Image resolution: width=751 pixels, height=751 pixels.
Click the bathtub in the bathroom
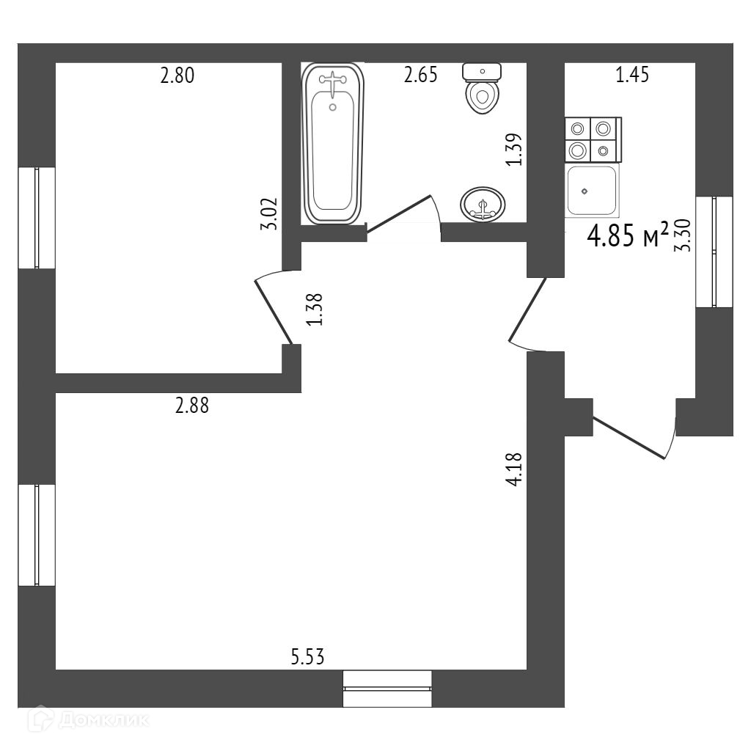coord(333,144)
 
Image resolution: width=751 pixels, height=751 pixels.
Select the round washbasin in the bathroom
coord(482,203)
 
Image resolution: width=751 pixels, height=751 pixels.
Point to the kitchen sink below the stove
coord(591,190)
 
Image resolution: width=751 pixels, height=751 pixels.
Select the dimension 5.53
coord(307,657)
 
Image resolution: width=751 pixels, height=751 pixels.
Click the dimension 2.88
coord(192,406)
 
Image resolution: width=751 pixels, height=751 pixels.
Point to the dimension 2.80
coord(177,76)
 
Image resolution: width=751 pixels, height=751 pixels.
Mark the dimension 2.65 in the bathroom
coord(421,76)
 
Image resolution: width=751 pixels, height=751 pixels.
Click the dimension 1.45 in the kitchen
coord(632,76)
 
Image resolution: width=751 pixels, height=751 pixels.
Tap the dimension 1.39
coord(515,150)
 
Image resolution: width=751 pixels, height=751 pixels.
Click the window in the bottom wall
coord(387,688)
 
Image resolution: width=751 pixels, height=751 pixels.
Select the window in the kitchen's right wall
coord(714,252)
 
